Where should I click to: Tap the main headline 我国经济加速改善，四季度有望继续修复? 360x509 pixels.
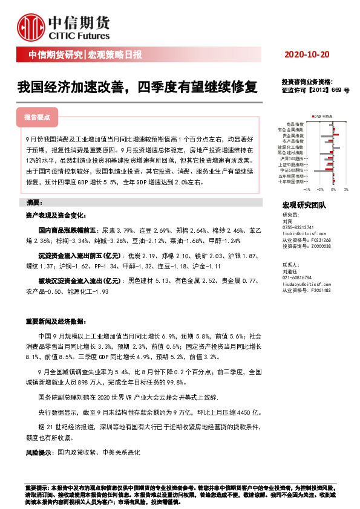coord(137,87)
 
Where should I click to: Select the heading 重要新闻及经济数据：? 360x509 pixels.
coord(55,321)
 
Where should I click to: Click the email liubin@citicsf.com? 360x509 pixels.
coord(303,233)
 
